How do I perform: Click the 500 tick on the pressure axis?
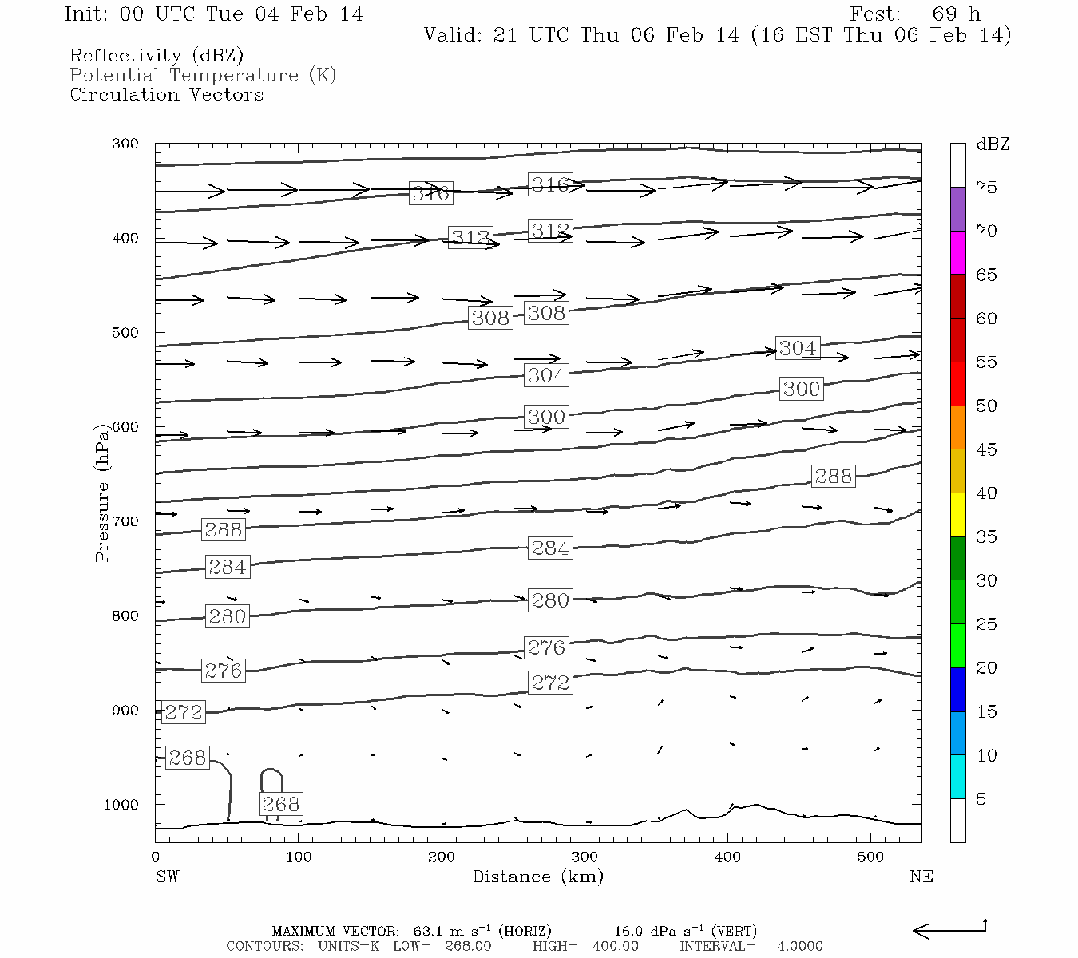tap(125, 333)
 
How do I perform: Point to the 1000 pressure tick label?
tap(121, 805)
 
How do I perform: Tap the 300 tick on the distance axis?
tap(585, 857)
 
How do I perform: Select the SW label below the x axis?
tap(167, 877)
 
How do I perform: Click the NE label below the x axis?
tap(921, 877)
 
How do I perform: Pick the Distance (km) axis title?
tap(537, 877)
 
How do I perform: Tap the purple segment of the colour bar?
tap(957, 209)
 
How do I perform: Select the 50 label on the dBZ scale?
tap(986, 406)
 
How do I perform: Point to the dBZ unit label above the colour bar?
tap(993, 144)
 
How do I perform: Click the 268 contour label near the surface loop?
tap(280, 804)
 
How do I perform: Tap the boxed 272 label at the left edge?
tap(184, 711)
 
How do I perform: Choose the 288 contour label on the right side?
tap(833, 477)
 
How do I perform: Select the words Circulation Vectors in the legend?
tap(166, 95)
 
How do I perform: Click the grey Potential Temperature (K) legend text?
tap(203, 76)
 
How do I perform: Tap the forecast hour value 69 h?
tap(955, 14)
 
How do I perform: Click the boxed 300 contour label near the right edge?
tap(801, 389)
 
